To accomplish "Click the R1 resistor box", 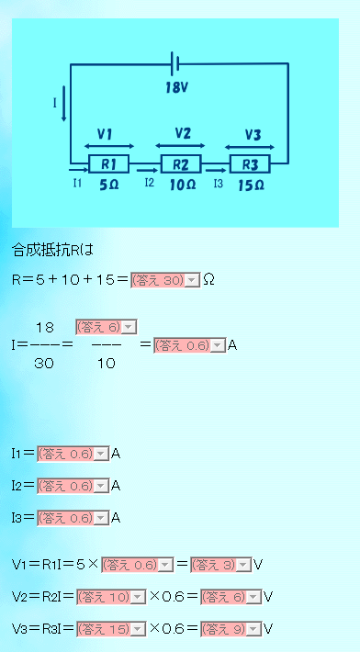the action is coord(108,163).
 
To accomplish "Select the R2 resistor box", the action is coord(181,163).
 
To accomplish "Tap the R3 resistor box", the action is coord(250,163).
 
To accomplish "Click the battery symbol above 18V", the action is coord(175,63).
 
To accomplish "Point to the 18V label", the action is coord(175,88).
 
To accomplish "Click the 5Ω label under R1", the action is coord(109,185).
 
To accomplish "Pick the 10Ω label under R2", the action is coord(183,185).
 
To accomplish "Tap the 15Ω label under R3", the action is coord(252,185).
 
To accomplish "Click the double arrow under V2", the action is coord(180,145).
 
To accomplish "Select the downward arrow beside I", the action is coord(63,104).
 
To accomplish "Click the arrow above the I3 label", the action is coord(216,170).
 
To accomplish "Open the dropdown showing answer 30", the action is coord(165,281).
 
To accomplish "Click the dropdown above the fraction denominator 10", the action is coord(106,328).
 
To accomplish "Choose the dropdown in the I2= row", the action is coord(73,486).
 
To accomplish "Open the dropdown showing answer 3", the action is coord(221,565).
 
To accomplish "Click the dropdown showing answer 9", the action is coord(231,629).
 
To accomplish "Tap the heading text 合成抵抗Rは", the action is coord(52,251).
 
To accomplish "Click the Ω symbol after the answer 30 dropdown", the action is coord(209,281).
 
